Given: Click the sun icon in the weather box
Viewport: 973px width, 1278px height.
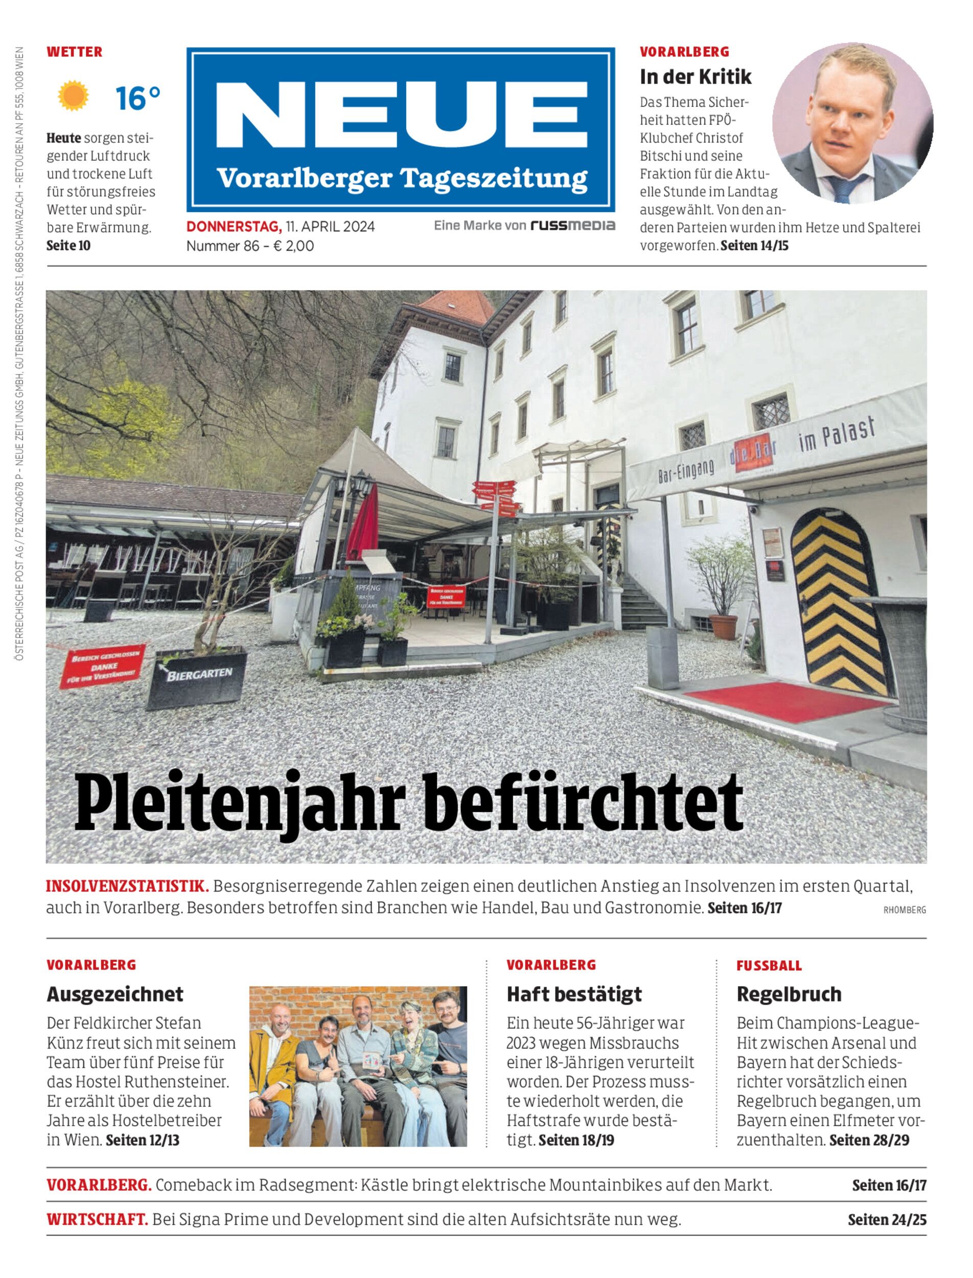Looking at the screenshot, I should coord(73,96).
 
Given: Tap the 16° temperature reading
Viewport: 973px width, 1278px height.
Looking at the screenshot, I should coord(138,98).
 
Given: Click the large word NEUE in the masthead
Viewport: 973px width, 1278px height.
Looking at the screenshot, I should coord(401,116).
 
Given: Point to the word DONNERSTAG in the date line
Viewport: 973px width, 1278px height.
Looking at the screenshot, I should coord(234,226).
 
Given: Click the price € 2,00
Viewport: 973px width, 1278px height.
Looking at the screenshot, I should coord(294,246).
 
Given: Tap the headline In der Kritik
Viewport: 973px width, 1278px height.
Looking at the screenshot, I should coord(696,77).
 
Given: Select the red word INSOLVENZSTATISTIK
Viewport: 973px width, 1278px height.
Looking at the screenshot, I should coord(127,886).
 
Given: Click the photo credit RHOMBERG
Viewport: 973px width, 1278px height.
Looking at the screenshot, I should coord(904,910).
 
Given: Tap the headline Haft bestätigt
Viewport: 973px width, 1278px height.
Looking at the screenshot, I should coord(574,994).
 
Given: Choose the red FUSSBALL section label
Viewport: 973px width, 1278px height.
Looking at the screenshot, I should coord(769,966).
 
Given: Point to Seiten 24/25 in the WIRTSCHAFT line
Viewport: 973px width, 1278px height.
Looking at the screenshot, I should coord(887,1220).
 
